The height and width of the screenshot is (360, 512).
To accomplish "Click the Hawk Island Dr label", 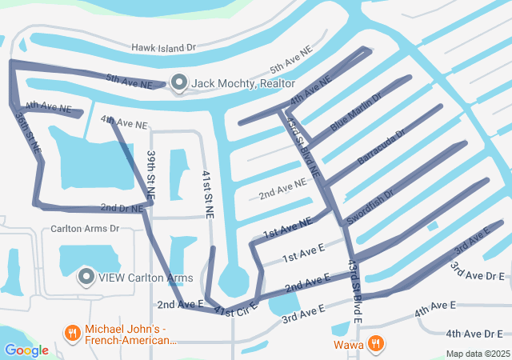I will point(163,48).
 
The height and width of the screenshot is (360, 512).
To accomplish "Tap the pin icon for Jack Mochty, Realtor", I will point(178,83).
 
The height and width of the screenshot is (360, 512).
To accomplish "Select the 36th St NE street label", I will point(27,132).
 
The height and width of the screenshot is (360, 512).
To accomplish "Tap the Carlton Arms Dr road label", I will point(84,229).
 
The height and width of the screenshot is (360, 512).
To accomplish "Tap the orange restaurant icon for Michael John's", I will point(72,331).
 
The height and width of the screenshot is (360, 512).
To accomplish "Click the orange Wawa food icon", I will point(374,345).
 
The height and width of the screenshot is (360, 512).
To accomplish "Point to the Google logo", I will point(26,350).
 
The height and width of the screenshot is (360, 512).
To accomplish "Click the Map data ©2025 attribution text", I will point(477,354).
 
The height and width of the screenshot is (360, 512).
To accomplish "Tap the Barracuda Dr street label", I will point(382,146).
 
